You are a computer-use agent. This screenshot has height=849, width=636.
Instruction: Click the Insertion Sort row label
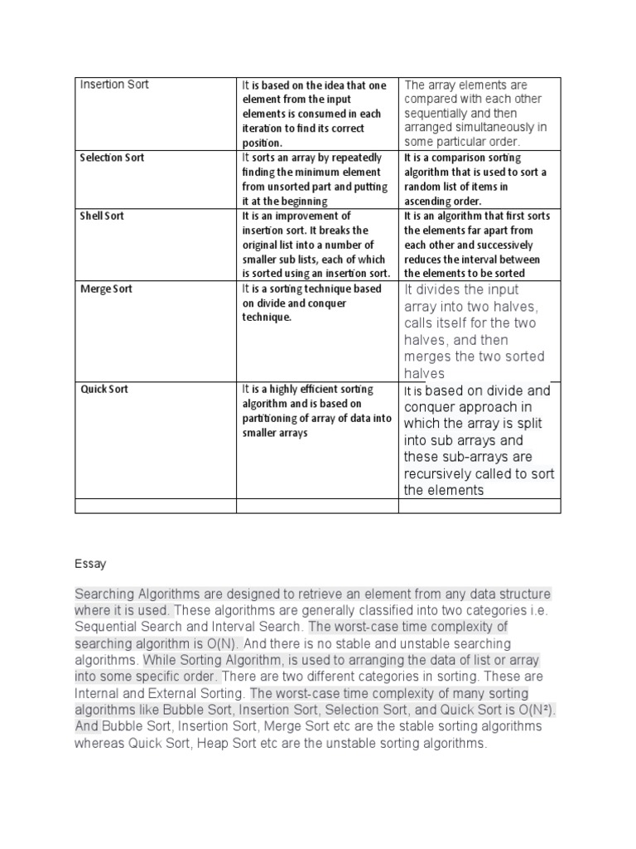(x=113, y=85)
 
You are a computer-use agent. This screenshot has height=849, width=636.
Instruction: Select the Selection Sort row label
(x=112, y=158)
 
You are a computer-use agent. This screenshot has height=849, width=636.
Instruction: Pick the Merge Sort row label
(x=106, y=289)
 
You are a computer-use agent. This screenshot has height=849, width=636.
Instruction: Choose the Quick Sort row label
(x=104, y=389)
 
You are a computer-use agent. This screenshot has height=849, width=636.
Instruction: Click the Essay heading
(x=90, y=564)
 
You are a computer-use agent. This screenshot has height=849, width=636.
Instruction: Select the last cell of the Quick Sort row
(x=479, y=439)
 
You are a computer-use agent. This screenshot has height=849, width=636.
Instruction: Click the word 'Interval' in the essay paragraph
(x=224, y=627)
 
